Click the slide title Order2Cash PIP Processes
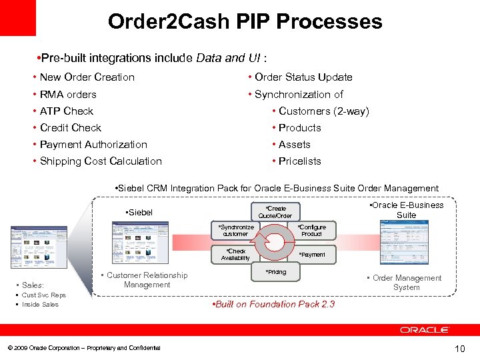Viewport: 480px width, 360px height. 245,21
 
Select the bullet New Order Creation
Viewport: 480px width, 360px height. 87,77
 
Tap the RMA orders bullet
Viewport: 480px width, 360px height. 68,95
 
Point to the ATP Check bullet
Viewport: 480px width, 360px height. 67,111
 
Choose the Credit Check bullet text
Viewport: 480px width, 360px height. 71,128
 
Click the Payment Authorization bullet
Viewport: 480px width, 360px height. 93,145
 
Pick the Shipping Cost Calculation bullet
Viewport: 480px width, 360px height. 101,161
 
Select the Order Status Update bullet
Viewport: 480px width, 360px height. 303,77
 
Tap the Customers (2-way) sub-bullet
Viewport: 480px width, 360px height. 323,111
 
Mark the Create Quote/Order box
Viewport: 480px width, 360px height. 275,212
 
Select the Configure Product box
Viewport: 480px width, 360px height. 311,231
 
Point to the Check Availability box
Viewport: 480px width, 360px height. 235,255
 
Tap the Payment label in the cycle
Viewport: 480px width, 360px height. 312,255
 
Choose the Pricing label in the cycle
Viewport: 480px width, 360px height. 275,272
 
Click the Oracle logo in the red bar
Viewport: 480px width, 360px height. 425,330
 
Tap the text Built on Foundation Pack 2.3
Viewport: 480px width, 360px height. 273,305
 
